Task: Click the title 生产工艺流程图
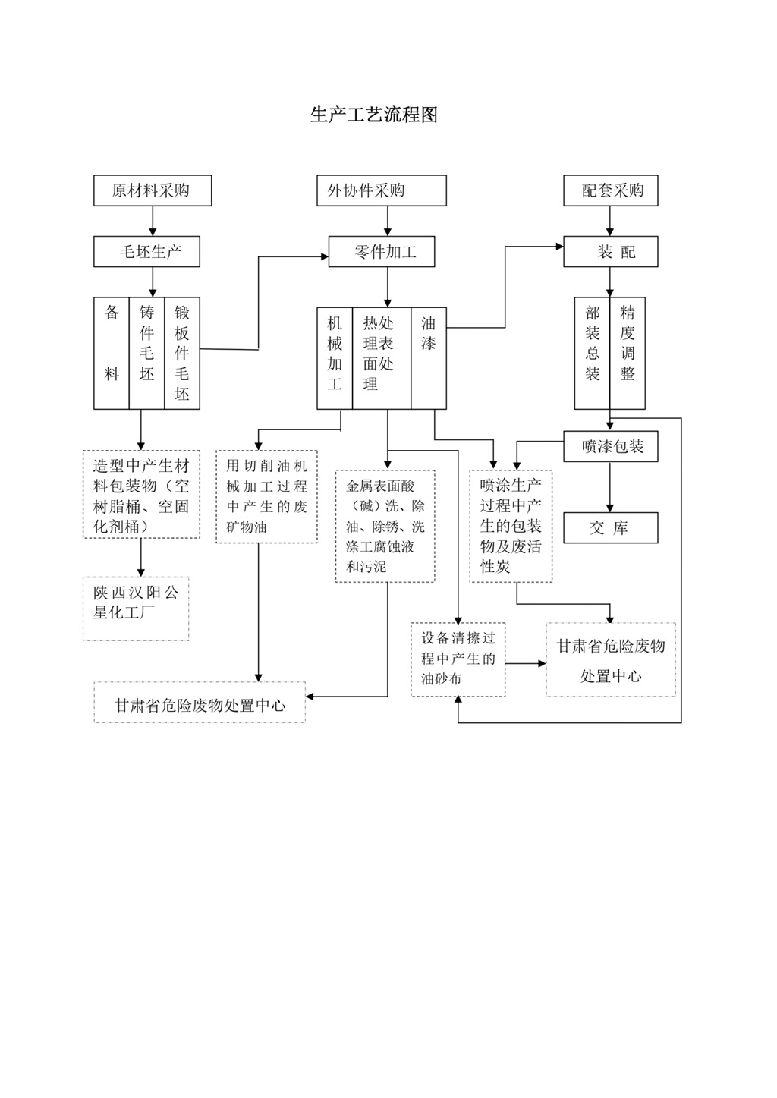(x=373, y=115)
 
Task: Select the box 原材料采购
(x=152, y=190)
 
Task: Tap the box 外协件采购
(x=381, y=190)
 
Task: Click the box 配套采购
(x=610, y=190)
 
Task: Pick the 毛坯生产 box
(x=146, y=252)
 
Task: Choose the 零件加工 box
(x=381, y=252)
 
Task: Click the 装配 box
(x=610, y=252)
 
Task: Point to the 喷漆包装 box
(x=610, y=447)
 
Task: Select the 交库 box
(x=610, y=528)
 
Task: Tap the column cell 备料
(x=112, y=353)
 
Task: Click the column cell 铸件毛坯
(x=146, y=353)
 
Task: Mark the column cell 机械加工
(x=335, y=358)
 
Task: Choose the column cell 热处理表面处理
(x=381, y=358)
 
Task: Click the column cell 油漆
(x=429, y=358)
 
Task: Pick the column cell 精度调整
(x=628, y=353)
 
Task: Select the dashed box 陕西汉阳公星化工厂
(x=136, y=609)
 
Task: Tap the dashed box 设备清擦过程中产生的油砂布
(x=458, y=659)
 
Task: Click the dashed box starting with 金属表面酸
(x=385, y=526)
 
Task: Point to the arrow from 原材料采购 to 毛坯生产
(x=153, y=221)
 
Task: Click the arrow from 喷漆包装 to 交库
(x=610, y=487)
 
